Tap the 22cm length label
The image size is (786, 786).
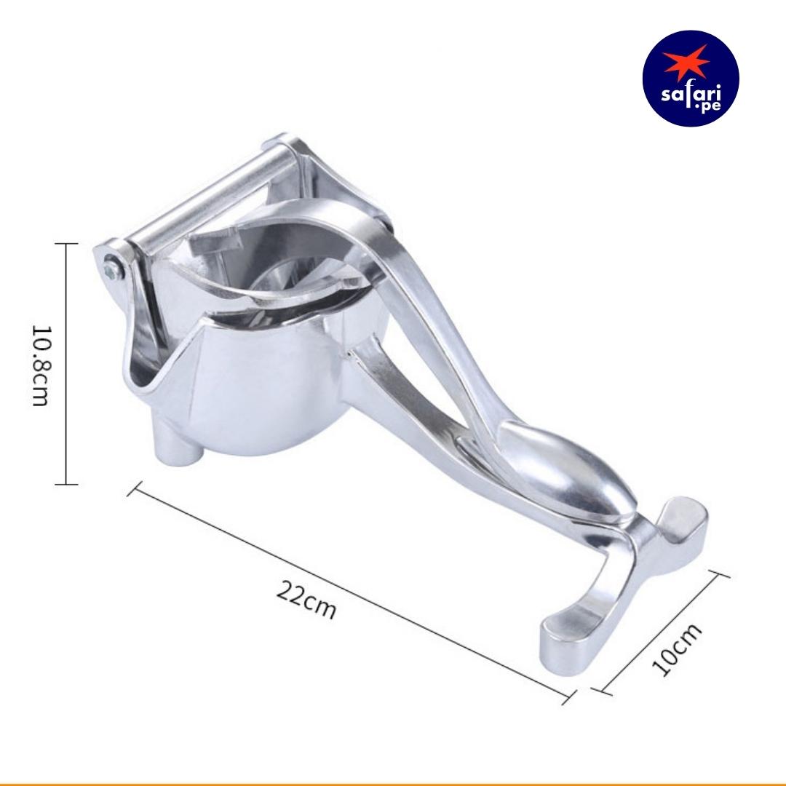click(306, 600)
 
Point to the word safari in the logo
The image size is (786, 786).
click(691, 94)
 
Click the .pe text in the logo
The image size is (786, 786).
click(707, 106)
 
